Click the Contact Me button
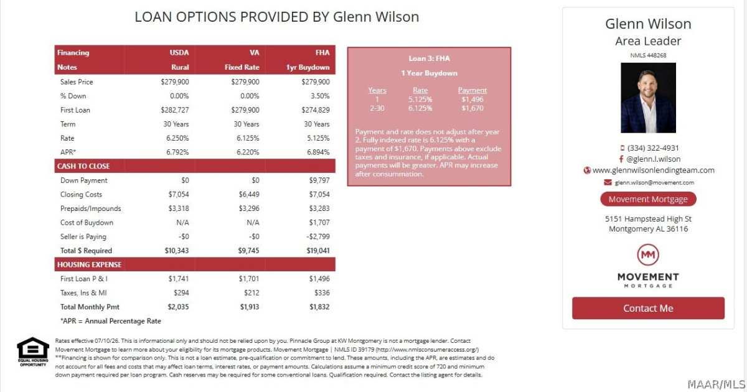tap(648, 308)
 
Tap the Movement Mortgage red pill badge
tap(648, 199)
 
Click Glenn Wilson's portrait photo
tap(648, 98)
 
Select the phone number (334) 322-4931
tap(653, 148)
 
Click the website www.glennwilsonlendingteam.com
tap(653, 170)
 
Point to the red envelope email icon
tap(608, 182)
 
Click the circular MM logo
tap(648, 254)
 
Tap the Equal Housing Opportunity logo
tap(32, 352)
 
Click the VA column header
tap(255, 53)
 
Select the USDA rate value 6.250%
tap(177, 138)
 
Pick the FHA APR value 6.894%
tap(318, 152)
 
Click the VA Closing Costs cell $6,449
tap(249, 194)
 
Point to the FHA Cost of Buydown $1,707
tap(319, 222)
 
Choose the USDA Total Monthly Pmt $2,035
tap(178, 307)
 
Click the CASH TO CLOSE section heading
tap(83, 166)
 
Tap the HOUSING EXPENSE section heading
tap(90, 264)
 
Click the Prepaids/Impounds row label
tap(91, 208)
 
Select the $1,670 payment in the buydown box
tap(472, 108)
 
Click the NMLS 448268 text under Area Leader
tap(648, 55)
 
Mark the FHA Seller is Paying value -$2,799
tap(318, 236)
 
